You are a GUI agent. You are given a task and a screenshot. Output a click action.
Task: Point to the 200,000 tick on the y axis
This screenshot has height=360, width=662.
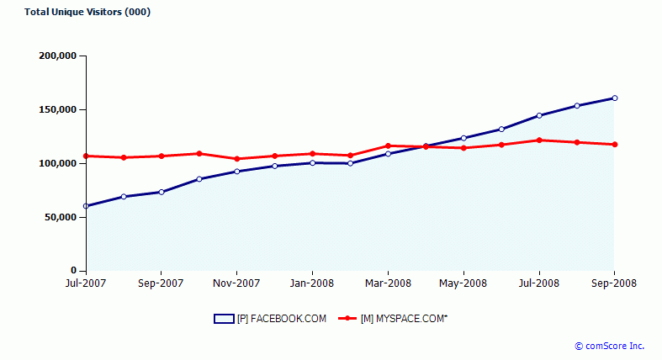coord(58,56)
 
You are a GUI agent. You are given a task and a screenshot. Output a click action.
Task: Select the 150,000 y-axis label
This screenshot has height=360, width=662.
coord(58,110)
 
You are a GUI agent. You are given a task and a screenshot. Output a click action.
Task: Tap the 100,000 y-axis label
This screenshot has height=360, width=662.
coord(58,164)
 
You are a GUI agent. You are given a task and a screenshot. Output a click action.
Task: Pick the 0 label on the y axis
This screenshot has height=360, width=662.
coord(73,272)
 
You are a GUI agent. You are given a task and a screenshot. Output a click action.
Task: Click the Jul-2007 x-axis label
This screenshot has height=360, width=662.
coord(85,283)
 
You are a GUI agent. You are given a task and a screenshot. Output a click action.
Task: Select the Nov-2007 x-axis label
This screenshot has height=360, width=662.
coord(236,283)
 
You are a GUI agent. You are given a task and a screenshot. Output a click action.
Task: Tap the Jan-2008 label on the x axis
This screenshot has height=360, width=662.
coord(312,283)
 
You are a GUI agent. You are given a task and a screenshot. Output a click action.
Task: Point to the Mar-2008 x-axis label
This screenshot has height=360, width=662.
coord(388,283)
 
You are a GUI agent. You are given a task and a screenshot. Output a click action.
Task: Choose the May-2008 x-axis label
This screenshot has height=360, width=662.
coord(463,283)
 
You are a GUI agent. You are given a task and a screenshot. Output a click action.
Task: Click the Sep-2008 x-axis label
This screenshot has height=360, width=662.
coord(614,283)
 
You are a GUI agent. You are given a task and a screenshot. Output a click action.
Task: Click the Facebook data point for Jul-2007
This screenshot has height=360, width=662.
coord(86,206)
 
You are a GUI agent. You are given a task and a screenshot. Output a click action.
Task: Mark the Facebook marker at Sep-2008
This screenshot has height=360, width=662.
coord(615,98)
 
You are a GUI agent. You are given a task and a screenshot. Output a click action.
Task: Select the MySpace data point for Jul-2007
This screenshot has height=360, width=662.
coord(86,156)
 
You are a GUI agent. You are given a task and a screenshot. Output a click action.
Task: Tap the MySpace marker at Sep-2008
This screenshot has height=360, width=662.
coord(615,145)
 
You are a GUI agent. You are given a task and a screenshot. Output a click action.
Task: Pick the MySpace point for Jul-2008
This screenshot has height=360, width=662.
coord(539,140)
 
